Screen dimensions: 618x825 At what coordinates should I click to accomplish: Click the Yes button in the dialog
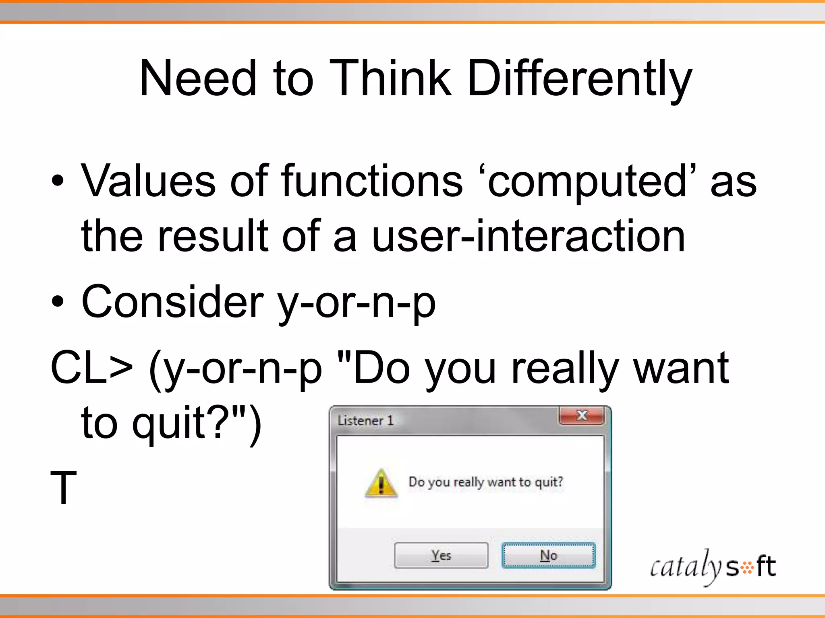441,556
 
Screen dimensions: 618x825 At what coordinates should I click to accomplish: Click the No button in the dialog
548,556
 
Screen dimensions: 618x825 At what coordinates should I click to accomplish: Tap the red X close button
581,416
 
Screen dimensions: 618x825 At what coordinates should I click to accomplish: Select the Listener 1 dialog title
365,421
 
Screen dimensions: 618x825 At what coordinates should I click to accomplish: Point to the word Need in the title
198,78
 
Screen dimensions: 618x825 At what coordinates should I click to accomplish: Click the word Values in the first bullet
148,182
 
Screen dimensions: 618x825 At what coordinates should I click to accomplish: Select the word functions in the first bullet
372,182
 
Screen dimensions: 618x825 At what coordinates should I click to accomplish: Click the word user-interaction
528,237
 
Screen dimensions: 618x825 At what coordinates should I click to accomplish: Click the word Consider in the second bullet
172,302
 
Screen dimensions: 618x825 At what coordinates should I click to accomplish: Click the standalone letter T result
63,488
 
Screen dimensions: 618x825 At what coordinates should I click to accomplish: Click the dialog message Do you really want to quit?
486,482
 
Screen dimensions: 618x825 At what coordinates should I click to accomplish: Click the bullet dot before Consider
58,302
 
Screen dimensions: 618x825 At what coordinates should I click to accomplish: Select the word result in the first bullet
213,237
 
